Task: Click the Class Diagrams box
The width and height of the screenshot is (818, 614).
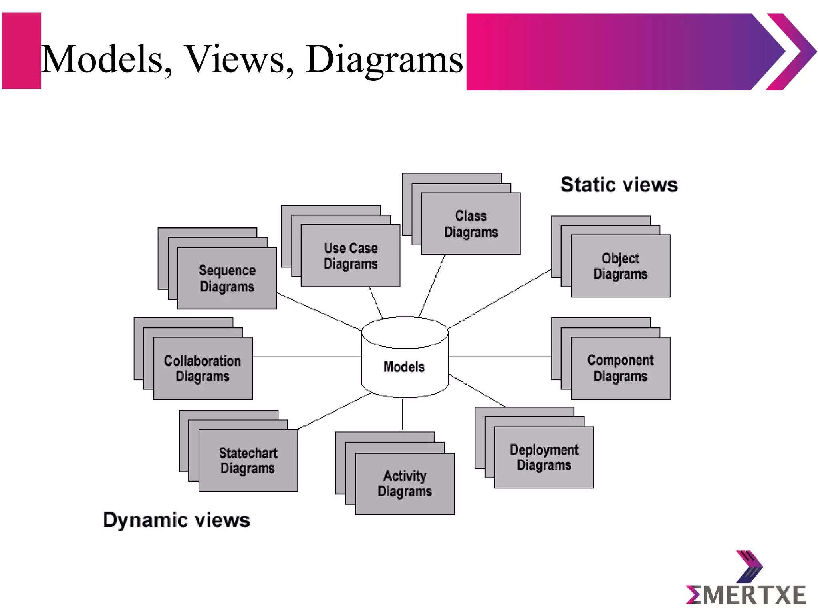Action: [471, 224]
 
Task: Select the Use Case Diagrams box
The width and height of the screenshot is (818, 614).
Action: [350, 256]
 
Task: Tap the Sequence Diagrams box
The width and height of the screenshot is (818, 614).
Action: [227, 278]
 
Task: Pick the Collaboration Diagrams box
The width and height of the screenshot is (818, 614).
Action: [203, 368]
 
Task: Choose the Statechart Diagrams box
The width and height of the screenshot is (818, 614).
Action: [248, 460]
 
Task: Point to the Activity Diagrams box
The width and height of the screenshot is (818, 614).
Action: [405, 484]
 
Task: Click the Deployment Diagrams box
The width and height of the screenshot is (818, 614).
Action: [544, 457]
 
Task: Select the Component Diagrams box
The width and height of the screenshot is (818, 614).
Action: [620, 368]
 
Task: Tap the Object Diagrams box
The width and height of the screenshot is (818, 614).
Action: [620, 266]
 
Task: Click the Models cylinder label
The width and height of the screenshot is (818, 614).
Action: [404, 367]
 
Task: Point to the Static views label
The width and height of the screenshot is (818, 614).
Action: [619, 185]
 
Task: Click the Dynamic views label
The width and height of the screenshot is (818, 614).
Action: [177, 520]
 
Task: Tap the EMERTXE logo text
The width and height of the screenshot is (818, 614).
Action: [746, 595]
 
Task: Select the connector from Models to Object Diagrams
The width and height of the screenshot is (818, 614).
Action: [499, 299]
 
